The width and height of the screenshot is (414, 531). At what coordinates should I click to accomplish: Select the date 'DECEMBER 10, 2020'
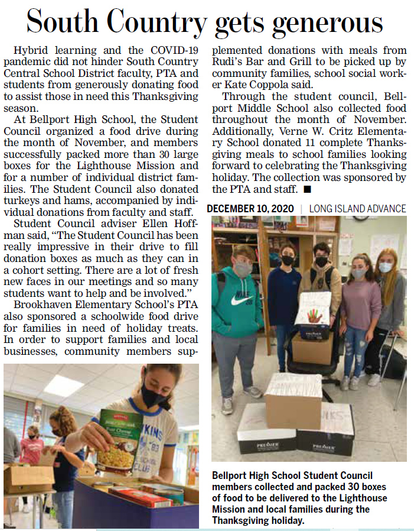(x=250, y=209)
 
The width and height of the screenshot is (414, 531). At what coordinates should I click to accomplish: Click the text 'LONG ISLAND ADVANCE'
(x=358, y=209)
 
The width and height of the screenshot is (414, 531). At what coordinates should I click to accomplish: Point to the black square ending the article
(x=307, y=189)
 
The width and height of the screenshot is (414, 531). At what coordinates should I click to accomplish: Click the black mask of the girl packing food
(x=155, y=395)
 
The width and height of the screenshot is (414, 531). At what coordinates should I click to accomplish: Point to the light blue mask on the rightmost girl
(x=385, y=267)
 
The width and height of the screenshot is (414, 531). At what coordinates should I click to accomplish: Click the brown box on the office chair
(x=311, y=349)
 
